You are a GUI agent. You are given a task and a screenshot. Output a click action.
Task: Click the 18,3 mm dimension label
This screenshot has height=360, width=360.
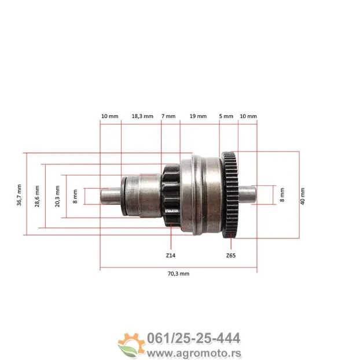142,116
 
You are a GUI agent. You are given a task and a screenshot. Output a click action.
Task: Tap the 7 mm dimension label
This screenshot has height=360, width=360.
168,116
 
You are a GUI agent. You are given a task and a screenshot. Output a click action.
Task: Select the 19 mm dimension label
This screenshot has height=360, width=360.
198,116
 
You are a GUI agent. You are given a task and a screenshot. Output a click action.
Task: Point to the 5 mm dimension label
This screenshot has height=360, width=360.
226,116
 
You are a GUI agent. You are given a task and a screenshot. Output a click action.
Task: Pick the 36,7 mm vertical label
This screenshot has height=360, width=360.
19,195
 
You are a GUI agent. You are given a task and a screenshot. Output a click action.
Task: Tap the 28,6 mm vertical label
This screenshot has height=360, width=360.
38,196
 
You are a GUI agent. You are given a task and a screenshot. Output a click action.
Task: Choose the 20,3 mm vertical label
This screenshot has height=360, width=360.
57,196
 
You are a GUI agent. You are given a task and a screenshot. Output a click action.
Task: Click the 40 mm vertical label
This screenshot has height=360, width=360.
302,195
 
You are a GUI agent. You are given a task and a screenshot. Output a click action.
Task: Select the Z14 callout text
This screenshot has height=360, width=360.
171,255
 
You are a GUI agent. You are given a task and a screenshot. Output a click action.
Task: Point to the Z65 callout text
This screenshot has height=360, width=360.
231,255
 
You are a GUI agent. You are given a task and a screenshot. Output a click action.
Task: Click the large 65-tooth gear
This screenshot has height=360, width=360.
230,194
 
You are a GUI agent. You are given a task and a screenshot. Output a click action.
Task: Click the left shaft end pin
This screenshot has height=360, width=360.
108,196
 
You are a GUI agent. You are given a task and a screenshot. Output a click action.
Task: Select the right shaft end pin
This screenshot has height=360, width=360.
246,194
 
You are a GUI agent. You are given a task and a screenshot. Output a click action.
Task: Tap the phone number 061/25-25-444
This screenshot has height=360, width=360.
195,338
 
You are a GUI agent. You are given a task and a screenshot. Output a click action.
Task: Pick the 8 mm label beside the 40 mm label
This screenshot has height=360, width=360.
282,194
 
